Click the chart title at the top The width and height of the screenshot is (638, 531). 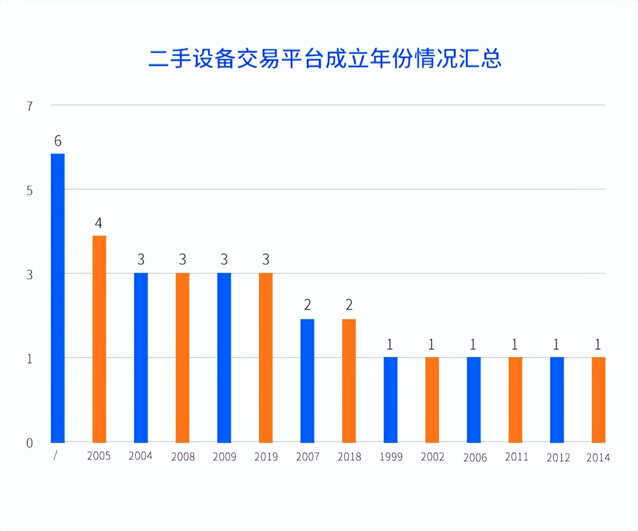click(x=325, y=59)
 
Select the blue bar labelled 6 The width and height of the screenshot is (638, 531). click(x=58, y=298)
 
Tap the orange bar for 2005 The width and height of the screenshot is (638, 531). click(x=99, y=339)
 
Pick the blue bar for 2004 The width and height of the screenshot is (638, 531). click(x=141, y=358)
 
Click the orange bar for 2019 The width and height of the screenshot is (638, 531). click(x=266, y=358)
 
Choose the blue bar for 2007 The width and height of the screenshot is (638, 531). click(x=307, y=381)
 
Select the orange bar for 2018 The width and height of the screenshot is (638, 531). click(x=349, y=381)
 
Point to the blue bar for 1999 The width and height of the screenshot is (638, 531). click(x=391, y=400)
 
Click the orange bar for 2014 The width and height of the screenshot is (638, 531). click(x=599, y=400)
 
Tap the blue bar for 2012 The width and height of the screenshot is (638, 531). click(x=557, y=400)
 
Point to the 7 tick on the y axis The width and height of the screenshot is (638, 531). click(x=30, y=106)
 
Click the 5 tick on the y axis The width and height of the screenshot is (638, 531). click(x=30, y=191)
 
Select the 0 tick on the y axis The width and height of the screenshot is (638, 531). click(x=30, y=443)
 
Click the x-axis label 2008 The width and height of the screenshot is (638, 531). click(x=183, y=457)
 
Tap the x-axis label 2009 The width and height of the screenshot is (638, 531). click(x=225, y=457)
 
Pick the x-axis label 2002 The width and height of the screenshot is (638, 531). click(x=433, y=457)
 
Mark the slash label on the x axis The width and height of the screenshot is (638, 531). click(x=55, y=456)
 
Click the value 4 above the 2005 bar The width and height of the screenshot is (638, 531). click(x=98, y=223)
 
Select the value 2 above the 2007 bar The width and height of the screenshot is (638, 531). click(x=307, y=305)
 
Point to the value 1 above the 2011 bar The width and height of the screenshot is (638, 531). click(x=515, y=345)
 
